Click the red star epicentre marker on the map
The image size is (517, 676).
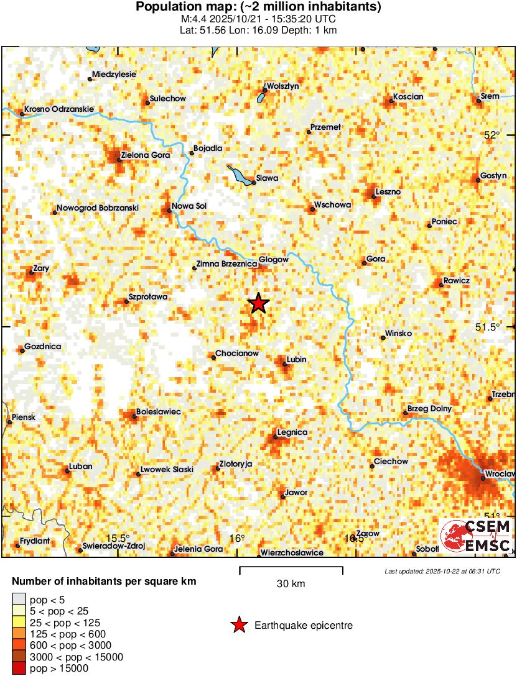coord(258,303)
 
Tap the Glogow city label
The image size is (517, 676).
coord(274,260)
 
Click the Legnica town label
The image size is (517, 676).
coord(292,432)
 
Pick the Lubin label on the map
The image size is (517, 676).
coord(297,360)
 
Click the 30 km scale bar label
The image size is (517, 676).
coord(291,583)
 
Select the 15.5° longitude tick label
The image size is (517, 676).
coord(117,538)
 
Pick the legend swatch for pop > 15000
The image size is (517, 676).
coord(19,668)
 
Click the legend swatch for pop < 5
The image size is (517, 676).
coord(19,600)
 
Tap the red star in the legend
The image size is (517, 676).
coord(238,625)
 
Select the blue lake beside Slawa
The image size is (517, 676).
coord(239,175)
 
